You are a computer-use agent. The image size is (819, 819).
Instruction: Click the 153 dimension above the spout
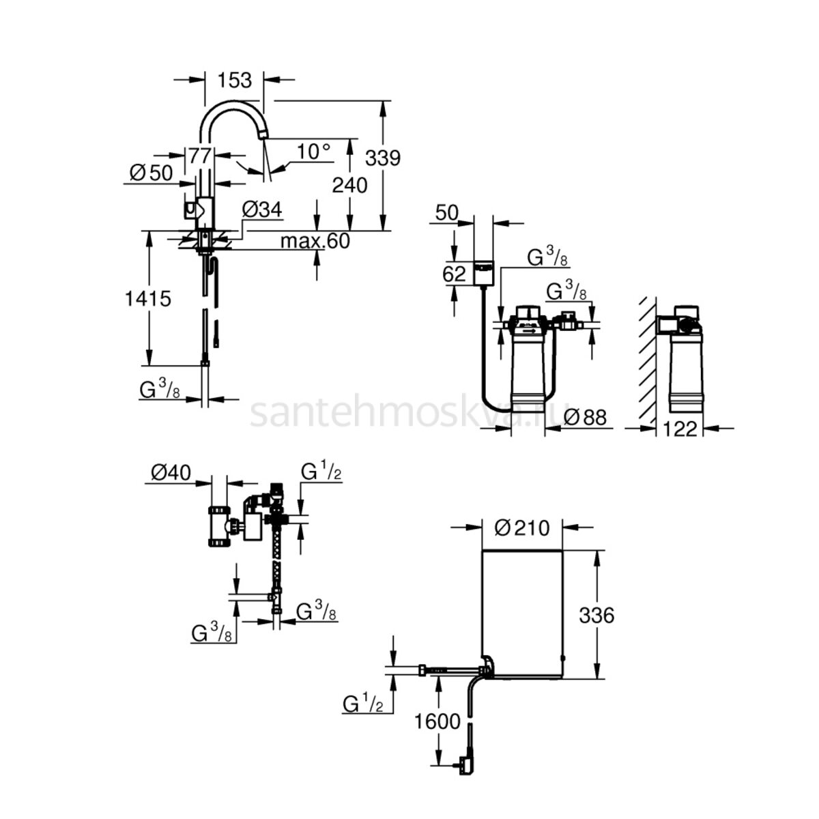click(235, 81)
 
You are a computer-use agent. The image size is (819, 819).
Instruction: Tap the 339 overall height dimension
click(383, 158)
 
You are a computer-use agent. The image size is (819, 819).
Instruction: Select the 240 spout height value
click(349, 186)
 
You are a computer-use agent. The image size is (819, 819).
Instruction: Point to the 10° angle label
click(313, 152)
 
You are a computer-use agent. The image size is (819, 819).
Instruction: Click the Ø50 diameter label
click(152, 173)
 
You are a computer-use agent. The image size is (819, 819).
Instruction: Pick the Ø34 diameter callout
click(262, 210)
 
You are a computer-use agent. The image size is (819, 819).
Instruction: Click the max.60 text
click(315, 241)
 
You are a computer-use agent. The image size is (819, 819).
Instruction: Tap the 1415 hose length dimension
click(148, 299)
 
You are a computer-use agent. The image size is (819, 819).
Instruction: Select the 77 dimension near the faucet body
click(200, 156)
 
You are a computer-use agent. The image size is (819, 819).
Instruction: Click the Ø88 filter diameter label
click(585, 418)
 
